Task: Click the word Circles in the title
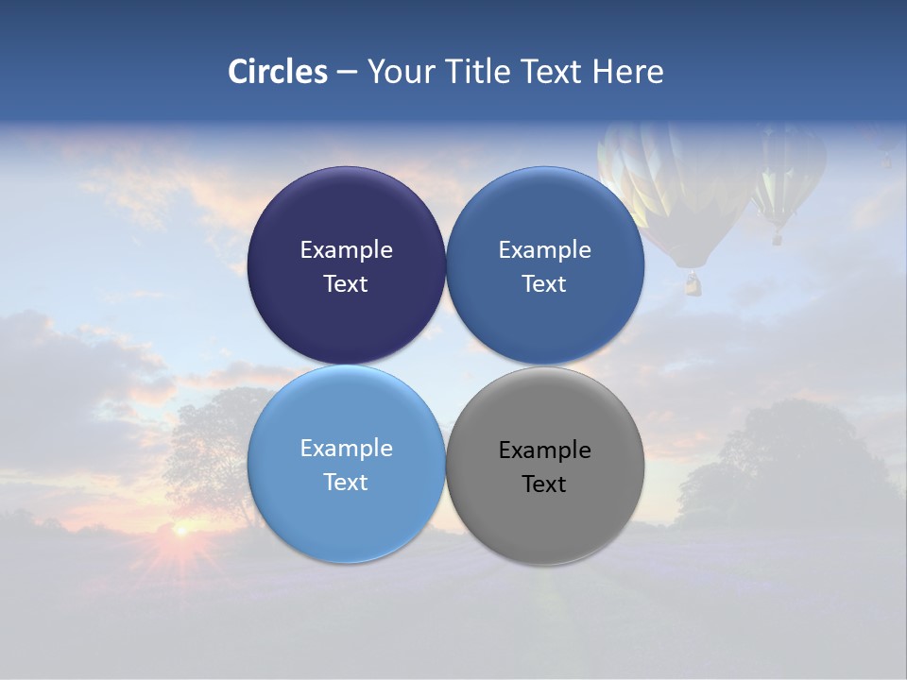(x=277, y=72)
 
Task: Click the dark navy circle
(x=346, y=217)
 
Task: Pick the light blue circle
(x=346, y=510)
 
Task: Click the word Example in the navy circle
(x=346, y=250)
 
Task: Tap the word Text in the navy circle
(x=346, y=284)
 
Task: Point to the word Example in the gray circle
(x=545, y=450)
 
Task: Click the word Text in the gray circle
(x=544, y=484)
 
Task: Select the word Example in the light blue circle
(x=346, y=449)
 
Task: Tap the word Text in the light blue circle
(x=346, y=483)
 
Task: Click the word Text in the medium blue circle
(x=544, y=284)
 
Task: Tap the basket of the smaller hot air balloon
(x=778, y=238)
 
